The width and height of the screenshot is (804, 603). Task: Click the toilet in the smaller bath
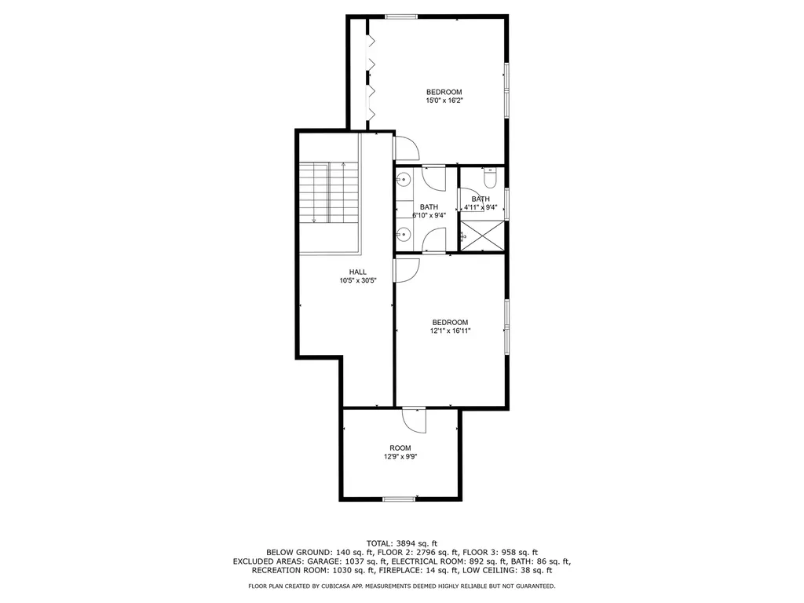(490, 180)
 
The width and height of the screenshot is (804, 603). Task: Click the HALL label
(358, 272)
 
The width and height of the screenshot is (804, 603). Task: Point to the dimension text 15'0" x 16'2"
(444, 100)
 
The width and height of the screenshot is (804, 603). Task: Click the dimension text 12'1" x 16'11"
(450, 331)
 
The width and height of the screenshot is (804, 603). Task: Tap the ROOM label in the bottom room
(400, 448)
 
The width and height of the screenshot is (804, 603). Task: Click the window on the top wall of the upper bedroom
(400, 16)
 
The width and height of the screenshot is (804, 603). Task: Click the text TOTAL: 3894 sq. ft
(402, 543)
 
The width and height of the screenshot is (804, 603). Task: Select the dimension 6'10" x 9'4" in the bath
(428, 215)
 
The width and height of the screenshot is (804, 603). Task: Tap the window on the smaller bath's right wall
(506, 204)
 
